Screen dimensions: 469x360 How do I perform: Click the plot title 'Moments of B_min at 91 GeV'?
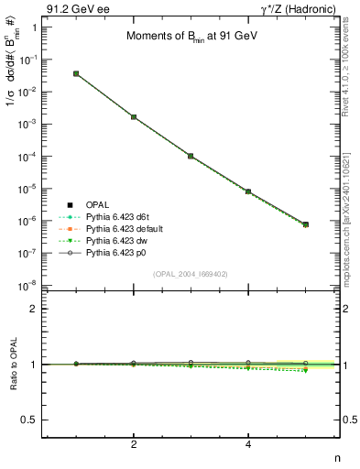point(190,37)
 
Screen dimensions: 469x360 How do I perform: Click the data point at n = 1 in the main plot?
point(76,73)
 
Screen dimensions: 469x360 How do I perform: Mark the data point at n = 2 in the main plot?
point(134,117)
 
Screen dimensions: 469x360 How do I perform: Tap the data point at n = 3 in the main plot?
point(191,157)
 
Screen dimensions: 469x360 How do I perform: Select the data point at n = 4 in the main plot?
point(248,191)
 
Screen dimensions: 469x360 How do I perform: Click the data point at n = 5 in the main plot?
point(305,224)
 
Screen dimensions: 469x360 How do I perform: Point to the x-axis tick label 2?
point(134,444)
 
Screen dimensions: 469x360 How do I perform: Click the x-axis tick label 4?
point(248,444)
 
